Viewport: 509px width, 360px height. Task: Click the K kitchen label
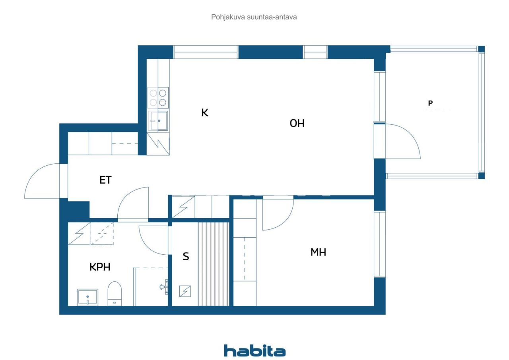point(205,113)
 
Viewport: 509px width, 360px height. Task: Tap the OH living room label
point(297,123)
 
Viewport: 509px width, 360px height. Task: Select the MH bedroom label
point(318,252)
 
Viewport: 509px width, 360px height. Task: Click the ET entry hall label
point(105,180)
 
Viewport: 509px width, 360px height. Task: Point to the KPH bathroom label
point(99,267)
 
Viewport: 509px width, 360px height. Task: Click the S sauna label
point(186,257)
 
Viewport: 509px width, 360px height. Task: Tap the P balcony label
point(430,103)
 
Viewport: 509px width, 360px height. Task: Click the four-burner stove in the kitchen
point(158,98)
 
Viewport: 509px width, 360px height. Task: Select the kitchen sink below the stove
point(158,120)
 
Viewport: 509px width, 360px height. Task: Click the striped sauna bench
point(214,264)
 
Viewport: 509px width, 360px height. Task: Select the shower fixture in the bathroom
point(163,287)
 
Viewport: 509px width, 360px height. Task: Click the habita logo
point(254,351)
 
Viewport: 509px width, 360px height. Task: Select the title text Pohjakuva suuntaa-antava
point(254,17)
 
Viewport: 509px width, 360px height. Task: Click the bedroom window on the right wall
point(380,244)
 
